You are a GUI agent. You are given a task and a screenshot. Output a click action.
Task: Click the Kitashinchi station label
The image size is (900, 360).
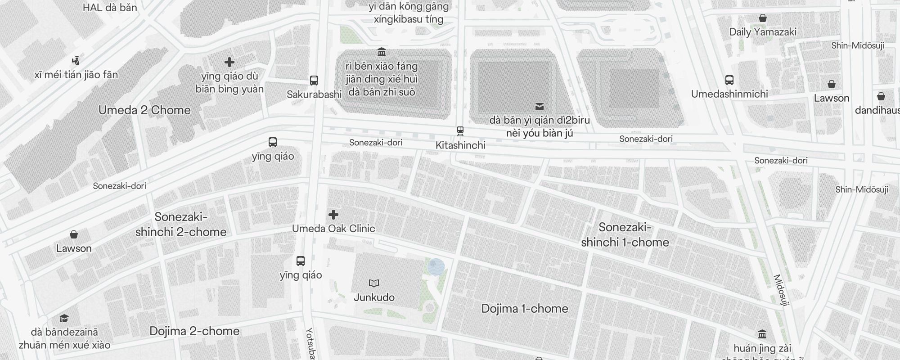[x=460, y=145]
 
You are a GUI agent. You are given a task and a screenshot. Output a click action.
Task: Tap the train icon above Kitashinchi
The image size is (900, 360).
[x=460, y=131]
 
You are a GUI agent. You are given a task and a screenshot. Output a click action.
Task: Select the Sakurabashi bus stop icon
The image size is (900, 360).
[x=314, y=81]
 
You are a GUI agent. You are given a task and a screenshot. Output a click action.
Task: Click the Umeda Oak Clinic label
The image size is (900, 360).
[x=333, y=229]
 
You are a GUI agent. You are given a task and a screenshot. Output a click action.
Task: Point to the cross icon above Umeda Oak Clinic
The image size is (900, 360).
[x=333, y=215]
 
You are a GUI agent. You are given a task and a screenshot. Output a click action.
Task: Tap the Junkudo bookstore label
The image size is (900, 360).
[x=374, y=297]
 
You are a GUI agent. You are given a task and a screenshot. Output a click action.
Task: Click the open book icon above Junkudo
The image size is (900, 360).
[x=374, y=283]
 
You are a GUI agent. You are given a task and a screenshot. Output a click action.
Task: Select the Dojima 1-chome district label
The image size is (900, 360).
[x=525, y=309]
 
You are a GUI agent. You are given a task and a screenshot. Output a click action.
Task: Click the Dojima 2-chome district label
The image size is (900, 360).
[x=194, y=331]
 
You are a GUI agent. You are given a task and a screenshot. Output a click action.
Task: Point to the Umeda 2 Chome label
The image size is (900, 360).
[x=144, y=110]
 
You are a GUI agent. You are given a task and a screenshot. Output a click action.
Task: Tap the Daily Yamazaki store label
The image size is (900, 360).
[x=763, y=32]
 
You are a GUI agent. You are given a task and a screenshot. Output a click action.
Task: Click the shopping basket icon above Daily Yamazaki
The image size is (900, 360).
[x=763, y=18]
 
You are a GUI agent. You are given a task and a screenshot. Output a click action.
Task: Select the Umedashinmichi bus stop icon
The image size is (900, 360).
[x=729, y=80]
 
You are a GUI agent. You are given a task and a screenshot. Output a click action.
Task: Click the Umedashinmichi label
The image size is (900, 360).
[x=729, y=94]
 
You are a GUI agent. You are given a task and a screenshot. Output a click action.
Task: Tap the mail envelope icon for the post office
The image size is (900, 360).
[x=540, y=107]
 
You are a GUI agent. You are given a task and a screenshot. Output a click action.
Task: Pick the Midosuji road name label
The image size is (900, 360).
[x=782, y=291]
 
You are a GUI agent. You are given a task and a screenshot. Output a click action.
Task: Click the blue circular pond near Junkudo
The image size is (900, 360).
[x=436, y=267]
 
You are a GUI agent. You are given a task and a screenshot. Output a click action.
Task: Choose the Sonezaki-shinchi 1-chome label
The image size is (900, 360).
[x=625, y=235]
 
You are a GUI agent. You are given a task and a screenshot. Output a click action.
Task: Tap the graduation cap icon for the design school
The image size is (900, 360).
[x=64, y=319]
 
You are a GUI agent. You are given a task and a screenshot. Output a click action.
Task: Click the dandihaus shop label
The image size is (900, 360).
[x=877, y=110]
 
